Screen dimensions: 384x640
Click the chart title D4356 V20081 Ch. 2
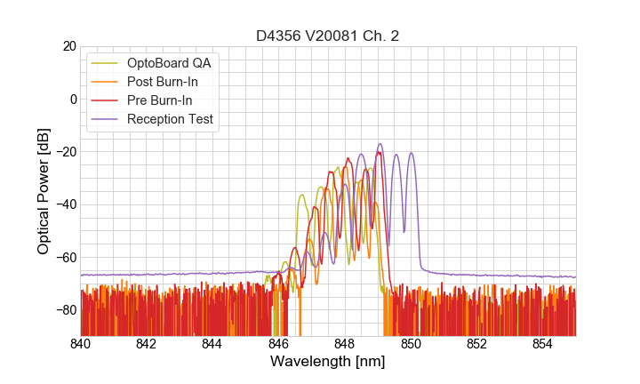[x=328, y=36]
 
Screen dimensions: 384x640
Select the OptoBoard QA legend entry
[x=168, y=63]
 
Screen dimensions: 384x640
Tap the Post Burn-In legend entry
[x=162, y=82]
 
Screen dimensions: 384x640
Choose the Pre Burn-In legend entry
[x=159, y=100]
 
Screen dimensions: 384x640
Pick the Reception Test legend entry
[x=170, y=119]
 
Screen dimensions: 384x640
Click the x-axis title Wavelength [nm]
[x=328, y=362]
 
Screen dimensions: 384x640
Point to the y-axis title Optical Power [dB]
[x=44, y=190]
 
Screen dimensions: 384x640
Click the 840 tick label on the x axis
[x=81, y=343]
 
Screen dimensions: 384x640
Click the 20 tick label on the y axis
[x=69, y=46]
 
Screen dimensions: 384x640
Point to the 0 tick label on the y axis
[x=73, y=99]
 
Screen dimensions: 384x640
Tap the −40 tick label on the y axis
[x=65, y=204]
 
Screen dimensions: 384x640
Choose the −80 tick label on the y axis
[x=65, y=310]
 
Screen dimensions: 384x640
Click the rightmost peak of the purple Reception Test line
[x=411, y=153]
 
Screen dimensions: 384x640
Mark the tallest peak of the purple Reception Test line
[x=380, y=144]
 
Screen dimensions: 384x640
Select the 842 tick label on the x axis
[x=147, y=343]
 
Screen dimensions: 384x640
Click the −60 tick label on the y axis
[x=65, y=258]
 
